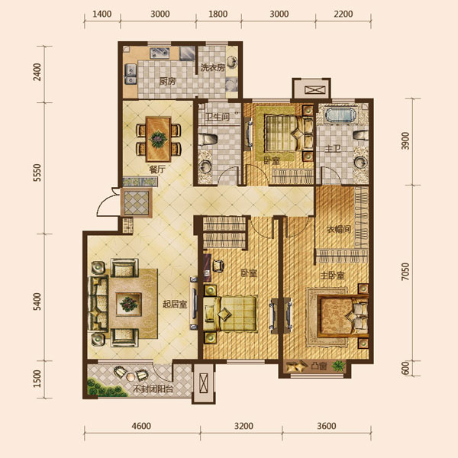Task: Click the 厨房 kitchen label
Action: tap(167, 82)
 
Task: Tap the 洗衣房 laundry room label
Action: tap(213, 68)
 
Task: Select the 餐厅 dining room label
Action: tap(157, 169)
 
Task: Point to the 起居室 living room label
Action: tap(175, 305)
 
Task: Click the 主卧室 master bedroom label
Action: tap(332, 276)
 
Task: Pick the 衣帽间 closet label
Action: tap(338, 230)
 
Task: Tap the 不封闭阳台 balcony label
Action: tap(153, 389)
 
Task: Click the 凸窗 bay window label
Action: tap(319, 366)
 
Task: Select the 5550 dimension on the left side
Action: tap(37, 173)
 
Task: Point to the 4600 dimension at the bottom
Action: tap(141, 426)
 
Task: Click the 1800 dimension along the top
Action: tap(218, 14)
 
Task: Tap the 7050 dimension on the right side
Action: tap(405, 272)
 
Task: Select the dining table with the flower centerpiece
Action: tap(158, 139)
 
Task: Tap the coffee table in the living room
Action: tap(128, 305)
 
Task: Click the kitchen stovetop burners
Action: tap(160, 53)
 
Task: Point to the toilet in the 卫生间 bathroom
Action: tap(208, 140)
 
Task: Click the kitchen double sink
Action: tap(131, 74)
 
